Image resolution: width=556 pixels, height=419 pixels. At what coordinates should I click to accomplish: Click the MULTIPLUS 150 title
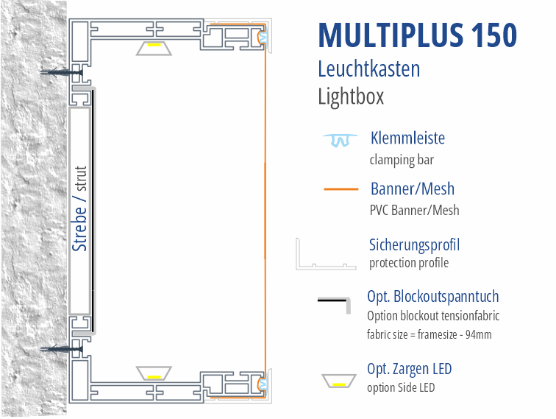point(417,35)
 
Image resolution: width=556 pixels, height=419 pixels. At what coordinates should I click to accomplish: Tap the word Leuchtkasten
point(368,68)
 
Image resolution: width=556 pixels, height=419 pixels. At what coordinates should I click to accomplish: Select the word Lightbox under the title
point(351,96)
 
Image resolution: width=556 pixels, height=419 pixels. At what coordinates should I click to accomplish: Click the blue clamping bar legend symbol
point(340,140)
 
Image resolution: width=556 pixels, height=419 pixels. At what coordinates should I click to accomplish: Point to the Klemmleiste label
point(407,138)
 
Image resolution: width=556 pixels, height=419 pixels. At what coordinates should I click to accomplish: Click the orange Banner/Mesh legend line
point(341,189)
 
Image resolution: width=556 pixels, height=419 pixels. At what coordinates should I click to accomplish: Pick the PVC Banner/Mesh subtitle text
point(414,210)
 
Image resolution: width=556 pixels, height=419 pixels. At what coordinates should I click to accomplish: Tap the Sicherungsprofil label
point(414,245)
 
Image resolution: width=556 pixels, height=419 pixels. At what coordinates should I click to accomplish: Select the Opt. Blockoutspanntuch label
point(433,297)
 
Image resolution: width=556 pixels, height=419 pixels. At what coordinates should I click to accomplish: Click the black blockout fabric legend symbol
point(334,305)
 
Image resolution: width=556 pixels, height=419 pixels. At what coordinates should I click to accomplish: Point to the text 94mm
point(478,334)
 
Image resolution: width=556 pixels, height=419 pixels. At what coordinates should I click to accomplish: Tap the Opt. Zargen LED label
point(409,369)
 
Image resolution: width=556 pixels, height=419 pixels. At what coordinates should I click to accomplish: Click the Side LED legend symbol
point(339,381)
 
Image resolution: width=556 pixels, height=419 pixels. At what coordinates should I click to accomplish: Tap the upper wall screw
point(61,73)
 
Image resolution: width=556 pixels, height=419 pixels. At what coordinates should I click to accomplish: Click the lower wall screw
point(61,349)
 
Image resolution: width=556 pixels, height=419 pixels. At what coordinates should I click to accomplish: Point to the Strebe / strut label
point(79,209)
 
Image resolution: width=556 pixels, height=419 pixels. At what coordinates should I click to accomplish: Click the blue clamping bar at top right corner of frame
point(263,37)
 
